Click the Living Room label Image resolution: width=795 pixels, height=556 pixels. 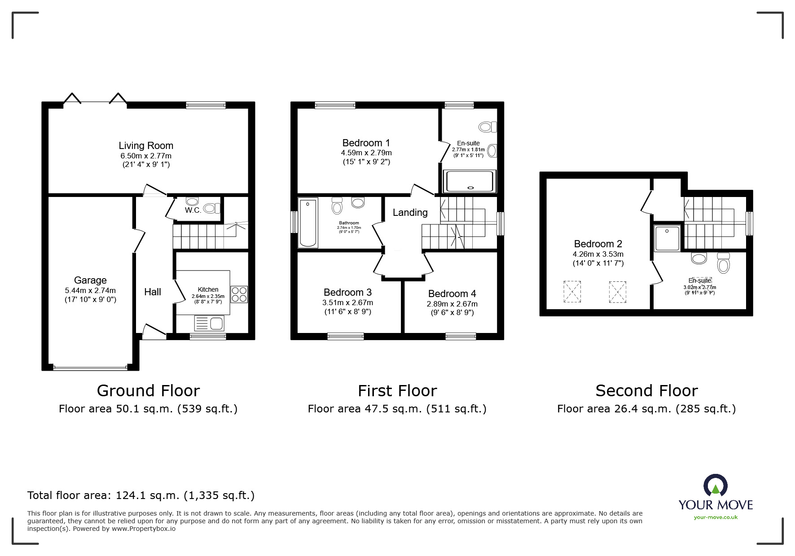coord(146,145)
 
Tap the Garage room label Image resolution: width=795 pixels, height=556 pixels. coord(90,280)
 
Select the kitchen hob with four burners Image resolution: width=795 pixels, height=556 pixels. coord(239,294)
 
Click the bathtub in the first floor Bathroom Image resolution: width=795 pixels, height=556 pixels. coord(308,223)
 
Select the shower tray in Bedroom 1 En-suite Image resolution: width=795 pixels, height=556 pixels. coord(470,181)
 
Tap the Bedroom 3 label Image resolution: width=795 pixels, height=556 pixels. coord(347,293)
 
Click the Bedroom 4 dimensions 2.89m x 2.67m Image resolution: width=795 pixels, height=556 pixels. coord(452,304)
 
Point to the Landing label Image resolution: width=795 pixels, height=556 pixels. coord(410,213)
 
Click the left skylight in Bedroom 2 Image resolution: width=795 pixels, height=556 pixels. coord(572,292)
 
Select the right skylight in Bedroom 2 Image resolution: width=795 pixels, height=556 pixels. coord(617,292)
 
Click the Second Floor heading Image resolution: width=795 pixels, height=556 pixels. coord(646,391)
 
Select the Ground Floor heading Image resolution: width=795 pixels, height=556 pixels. coord(148,391)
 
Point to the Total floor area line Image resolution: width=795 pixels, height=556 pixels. coord(141,495)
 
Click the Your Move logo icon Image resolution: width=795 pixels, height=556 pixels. coord(715,486)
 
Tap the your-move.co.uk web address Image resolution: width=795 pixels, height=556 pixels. coord(716,517)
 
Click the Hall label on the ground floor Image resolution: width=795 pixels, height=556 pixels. coord(153,292)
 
